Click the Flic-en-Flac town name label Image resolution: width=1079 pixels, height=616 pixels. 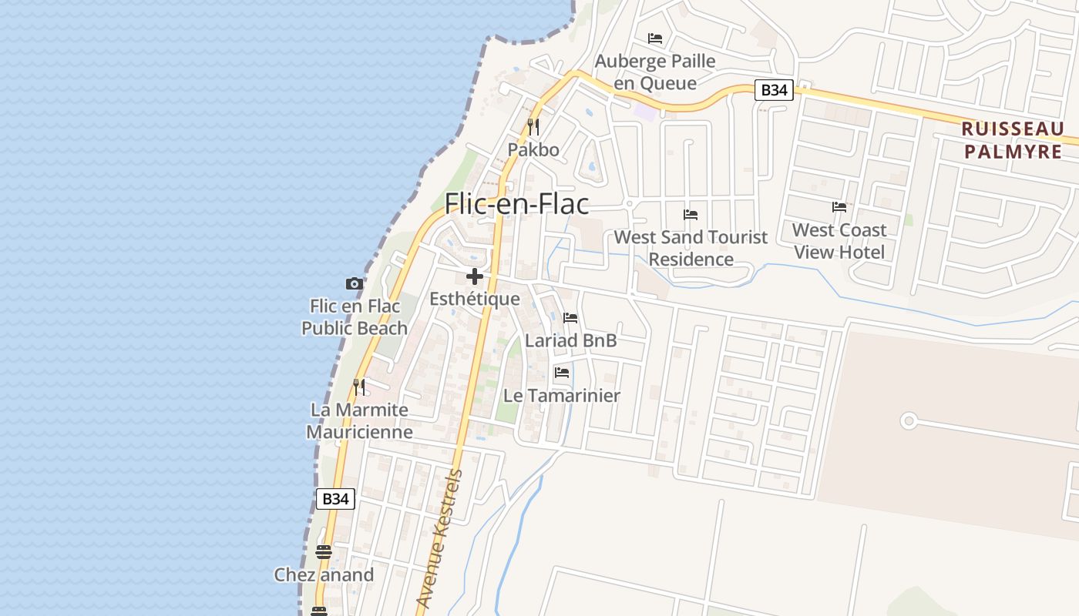[516, 204]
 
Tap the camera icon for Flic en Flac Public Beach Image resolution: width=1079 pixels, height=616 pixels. [355, 283]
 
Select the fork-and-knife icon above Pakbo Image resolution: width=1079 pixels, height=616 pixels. [533, 126]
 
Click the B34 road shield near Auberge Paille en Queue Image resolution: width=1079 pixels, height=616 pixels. [773, 90]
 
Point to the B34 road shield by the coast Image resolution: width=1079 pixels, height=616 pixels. [335, 498]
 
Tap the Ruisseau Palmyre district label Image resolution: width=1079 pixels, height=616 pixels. [1013, 139]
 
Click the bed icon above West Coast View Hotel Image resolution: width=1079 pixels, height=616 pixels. [839, 207]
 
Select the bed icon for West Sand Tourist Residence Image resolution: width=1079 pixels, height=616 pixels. [691, 215]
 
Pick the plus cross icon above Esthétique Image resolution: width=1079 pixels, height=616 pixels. [475, 276]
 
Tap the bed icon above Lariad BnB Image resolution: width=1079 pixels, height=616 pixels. [570, 317]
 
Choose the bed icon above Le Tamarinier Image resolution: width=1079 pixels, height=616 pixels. [562, 373]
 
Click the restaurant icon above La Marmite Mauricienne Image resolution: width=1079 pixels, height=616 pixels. [359, 387]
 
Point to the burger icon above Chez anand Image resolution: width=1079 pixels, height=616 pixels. [324, 552]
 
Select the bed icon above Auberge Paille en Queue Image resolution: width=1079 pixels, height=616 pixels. [655, 38]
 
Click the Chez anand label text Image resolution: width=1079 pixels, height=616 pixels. [324, 574]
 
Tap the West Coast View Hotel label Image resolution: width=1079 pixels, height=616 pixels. [839, 241]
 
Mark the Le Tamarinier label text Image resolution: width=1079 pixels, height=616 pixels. [562, 396]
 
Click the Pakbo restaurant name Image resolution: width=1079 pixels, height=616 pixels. [533, 149]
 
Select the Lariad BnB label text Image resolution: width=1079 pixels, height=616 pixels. [571, 340]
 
